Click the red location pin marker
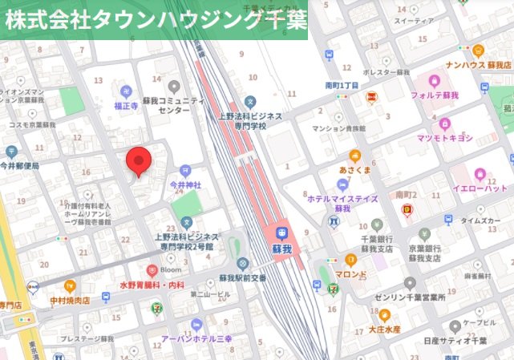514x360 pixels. [140, 161]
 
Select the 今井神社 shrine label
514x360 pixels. [185, 184]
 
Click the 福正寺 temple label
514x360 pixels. [127, 104]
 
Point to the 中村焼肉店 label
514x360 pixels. [70, 300]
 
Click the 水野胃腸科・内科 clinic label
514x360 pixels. [152, 284]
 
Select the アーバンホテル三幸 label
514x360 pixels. [197, 338]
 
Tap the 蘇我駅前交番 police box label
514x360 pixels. [242, 277]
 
